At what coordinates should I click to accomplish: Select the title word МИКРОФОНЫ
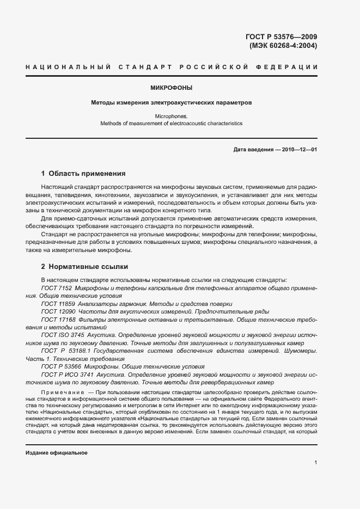(171, 87)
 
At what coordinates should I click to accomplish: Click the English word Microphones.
(171, 116)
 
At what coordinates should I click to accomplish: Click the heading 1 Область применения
(83, 174)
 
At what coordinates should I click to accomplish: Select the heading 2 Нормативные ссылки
(84, 267)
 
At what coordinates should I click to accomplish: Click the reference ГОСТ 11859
(58, 303)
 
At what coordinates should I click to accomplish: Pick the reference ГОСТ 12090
(58, 311)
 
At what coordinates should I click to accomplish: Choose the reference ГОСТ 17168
(58, 320)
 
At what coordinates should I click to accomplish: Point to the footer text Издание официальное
(57, 453)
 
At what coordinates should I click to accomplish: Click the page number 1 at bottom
(315, 462)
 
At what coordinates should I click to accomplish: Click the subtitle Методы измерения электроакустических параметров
(171, 102)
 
